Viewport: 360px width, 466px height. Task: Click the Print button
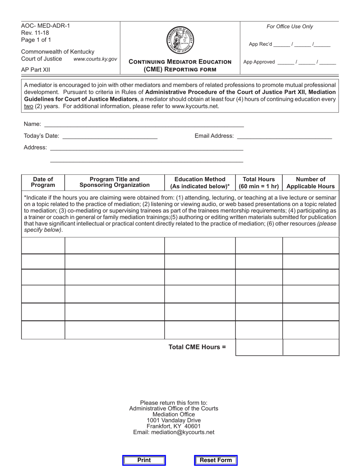pyautogui.click(x=144, y=460)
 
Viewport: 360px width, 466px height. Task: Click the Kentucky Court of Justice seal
pyautogui.click(x=180, y=40)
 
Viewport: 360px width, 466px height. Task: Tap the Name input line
pyautogui.click(x=144, y=124)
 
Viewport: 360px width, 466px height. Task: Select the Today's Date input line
pyautogui.click(x=110, y=136)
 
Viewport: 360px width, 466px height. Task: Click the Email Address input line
pyautogui.click(x=284, y=136)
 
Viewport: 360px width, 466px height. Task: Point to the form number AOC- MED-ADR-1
pyautogui.click(x=45, y=26)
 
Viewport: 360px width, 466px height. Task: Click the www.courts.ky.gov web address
pyautogui.click(x=95, y=59)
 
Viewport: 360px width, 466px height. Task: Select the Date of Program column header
pyautogui.click(x=43, y=182)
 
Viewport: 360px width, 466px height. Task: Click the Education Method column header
pyautogui.click(x=200, y=183)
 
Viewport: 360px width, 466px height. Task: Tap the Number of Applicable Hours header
pyautogui.click(x=310, y=183)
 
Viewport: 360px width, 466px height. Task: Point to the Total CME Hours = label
pyautogui.click(x=197, y=347)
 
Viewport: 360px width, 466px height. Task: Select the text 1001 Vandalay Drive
pyautogui.click(x=174, y=420)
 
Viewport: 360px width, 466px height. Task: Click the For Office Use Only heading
pyautogui.click(x=290, y=27)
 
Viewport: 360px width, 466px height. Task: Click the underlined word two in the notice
pyautogui.click(x=28, y=106)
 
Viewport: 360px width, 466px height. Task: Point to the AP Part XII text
pyautogui.click(x=35, y=70)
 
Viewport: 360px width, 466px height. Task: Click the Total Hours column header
pyautogui.click(x=259, y=183)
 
